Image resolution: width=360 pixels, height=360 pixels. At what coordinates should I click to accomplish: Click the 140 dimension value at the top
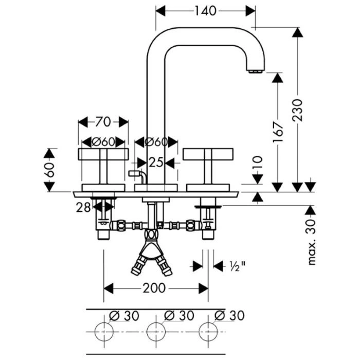[x=205, y=10]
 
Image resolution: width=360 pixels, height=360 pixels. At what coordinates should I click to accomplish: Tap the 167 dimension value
[x=278, y=133]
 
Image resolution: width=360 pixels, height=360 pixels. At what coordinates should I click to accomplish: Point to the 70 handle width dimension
[x=103, y=122]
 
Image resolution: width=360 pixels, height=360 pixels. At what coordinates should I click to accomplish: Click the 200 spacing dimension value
[x=155, y=288]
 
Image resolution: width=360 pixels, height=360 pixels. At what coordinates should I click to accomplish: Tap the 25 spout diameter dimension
[x=155, y=163]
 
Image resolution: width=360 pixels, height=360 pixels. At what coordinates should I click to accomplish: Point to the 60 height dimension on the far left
[x=49, y=170]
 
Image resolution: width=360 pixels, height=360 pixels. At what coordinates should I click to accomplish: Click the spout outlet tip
[x=256, y=71]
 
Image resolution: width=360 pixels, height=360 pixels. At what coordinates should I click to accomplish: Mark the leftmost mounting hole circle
[x=103, y=331]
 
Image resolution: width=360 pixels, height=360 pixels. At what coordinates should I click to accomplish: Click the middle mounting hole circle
[x=155, y=331]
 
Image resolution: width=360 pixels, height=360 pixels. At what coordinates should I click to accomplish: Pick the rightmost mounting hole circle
[x=208, y=331]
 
